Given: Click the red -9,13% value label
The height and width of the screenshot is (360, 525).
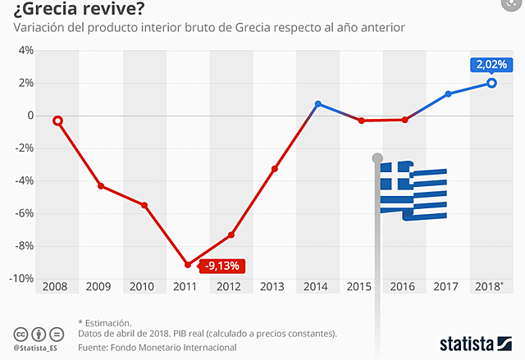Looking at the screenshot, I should click(x=222, y=266).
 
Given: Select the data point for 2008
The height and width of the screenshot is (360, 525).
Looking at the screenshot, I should click(x=57, y=121).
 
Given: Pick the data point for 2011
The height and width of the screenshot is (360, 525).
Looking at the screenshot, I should click(x=188, y=265).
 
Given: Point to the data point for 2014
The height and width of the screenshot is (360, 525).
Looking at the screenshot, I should click(x=317, y=104).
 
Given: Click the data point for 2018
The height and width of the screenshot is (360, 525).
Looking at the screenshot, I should click(x=491, y=83).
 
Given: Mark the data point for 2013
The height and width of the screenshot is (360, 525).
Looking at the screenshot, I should click(x=274, y=169).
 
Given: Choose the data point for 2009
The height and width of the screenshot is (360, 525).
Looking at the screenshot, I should click(x=101, y=186).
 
